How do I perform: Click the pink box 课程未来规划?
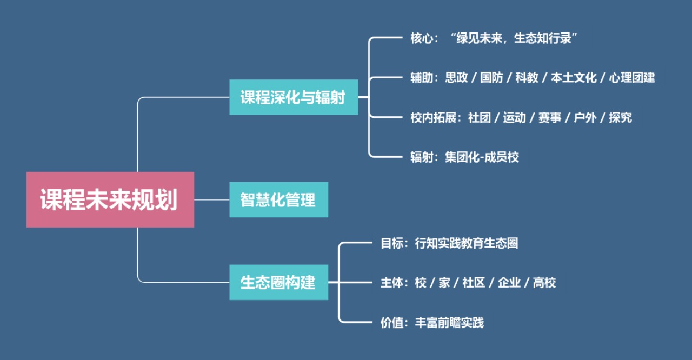point(110,199)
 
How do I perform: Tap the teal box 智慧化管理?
point(278,200)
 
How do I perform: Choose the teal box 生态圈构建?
point(278,282)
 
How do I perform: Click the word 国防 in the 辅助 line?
point(491,78)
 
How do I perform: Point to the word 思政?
point(456,78)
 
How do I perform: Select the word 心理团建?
point(631,78)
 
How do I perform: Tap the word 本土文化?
point(574,78)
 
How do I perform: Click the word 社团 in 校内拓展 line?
point(480,118)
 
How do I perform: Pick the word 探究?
point(620,118)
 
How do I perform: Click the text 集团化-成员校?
point(482,157)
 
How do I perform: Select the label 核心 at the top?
point(421,38)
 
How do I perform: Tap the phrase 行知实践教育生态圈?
point(466,243)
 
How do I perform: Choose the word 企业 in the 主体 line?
point(509,283)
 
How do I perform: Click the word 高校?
point(544,283)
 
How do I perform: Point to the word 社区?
point(474,283)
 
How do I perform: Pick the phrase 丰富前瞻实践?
point(449,323)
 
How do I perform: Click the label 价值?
point(392,323)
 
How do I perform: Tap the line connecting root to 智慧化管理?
point(211,199)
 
